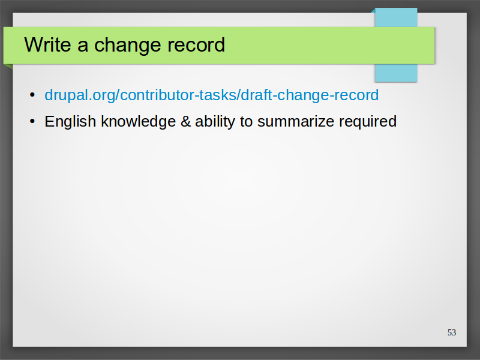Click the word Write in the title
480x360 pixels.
pos(48,44)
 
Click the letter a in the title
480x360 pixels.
pos(83,47)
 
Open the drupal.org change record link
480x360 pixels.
pos(212,95)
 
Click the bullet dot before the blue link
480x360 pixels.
pos(32,95)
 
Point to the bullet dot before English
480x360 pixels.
pos(32,121)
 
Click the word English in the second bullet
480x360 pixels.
pos(70,122)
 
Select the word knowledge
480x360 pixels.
pos(139,121)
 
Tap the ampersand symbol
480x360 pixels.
pos(186,121)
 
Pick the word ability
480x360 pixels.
pos(215,122)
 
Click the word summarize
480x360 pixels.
pos(296,122)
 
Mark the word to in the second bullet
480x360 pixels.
pos(246,122)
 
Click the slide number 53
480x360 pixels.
pos(452,332)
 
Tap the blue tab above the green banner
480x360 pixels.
pos(396,17)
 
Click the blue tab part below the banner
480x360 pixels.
pos(396,73)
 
